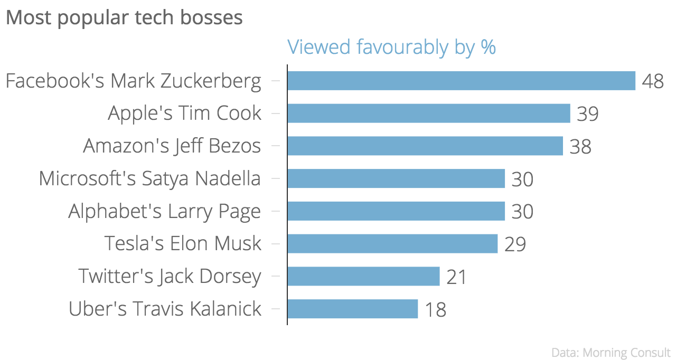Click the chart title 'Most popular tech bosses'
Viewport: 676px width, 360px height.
pyautogui.click(x=124, y=17)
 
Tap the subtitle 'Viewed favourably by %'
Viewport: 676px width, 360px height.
pyautogui.click(x=391, y=47)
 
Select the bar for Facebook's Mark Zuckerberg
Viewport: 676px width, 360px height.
pyautogui.click(x=461, y=81)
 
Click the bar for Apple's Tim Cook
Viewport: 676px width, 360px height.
pyautogui.click(x=429, y=113)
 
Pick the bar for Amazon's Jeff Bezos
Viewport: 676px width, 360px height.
pyautogui.click(x=425, y=146)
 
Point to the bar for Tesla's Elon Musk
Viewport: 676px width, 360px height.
pyautogui.click(x=392, y=244)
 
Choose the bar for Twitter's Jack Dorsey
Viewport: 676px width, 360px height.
pyautogui.click(x=363, y=276)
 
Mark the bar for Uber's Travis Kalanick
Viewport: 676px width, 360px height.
pyautogui.click(x=352, y=309)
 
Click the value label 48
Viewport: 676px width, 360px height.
pyautogui.click(x=653, y=82)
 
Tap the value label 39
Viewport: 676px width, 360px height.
pyautogui.click(x=588, y=114)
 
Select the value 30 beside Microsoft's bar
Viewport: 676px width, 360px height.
pyautogui.click(x=522, y=179)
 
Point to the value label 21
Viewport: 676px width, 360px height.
pyautogui.click(x=457, y=277)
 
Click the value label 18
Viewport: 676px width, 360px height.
pyautogui.click(x=436, y=310)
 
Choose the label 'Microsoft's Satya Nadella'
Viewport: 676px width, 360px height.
pyautogui.click(x=150, y=179)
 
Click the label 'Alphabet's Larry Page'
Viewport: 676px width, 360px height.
pyautogui.click(x=165, y=212)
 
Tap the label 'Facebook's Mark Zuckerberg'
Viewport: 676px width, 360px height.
pyautogui.click(x=133, y=81)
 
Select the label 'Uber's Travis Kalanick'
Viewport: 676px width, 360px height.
pyautogui.click(x=165, y=309)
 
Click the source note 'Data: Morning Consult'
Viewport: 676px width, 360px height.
pyautogui.click(x=611, y=352)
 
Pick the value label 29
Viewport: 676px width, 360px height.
pyautogui.click(x=515, y=244)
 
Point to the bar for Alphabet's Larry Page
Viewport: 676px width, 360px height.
pyautogui.click(x=396, y=211)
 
